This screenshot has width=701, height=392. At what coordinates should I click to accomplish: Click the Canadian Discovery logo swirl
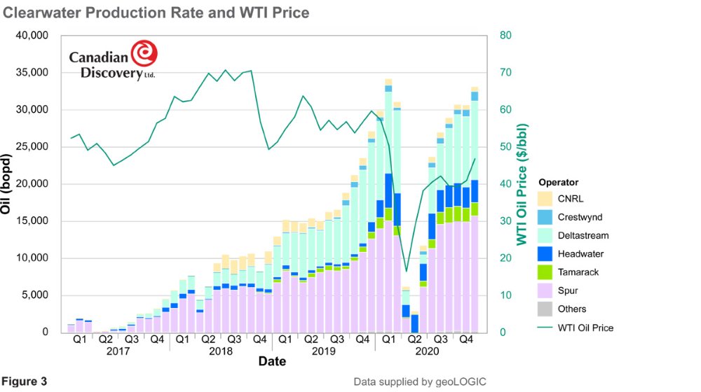pos(144,54)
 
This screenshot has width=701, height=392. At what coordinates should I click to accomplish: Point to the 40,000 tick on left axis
pos(30,36)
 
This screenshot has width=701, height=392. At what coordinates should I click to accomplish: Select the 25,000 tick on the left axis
pos(30,147)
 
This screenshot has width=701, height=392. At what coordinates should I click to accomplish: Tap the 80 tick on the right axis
pos(505,36)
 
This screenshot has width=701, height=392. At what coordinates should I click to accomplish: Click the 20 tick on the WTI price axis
pos(505,258)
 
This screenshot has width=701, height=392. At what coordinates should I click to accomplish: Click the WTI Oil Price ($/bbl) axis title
pos(522,184)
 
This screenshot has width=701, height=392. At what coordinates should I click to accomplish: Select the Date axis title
pos(271,362)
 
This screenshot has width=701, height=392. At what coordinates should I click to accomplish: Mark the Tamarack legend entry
pos(578,272)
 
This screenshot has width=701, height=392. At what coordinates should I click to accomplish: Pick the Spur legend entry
pos(569,290)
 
